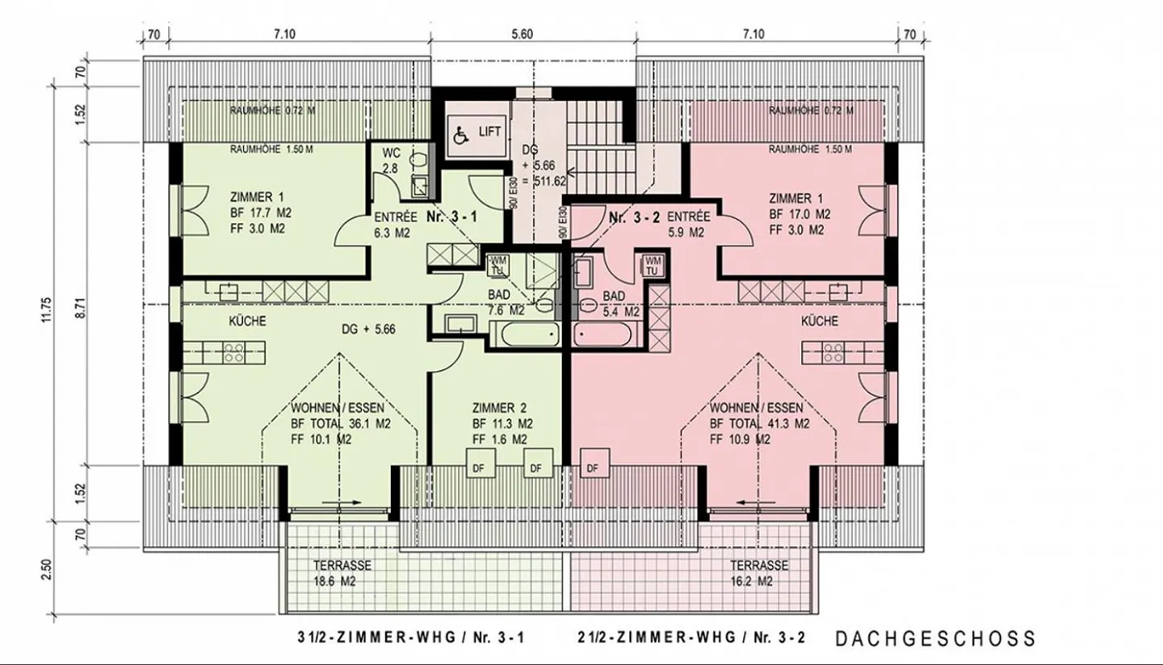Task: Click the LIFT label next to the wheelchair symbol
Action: point(489,132)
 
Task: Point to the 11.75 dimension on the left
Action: point(45,311)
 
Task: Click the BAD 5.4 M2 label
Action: point(621,303)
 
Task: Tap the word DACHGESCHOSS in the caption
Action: point(934,638)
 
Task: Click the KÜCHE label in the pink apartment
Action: point(820,321)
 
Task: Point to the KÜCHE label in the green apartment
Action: point(247,321)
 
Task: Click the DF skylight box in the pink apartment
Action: point(594,467)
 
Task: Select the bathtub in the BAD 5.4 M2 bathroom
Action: point(607,333)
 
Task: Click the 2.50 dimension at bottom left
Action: point(45,570)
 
